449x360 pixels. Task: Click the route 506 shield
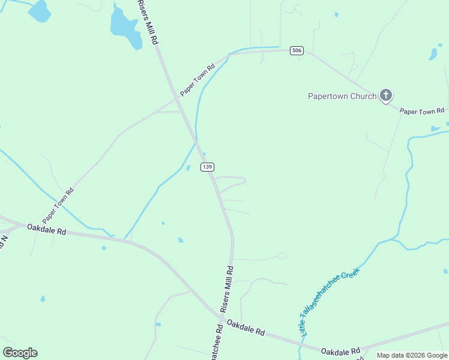[296, 50]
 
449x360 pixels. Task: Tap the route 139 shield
[207, 167]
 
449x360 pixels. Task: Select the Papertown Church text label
[342, 96]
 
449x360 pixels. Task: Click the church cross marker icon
[386, 95]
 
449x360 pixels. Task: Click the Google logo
[20, 353]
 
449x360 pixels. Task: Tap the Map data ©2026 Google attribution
[412, 355]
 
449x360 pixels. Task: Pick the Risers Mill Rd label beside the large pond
[148, 22]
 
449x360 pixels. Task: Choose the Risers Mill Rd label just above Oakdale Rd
[227, 290]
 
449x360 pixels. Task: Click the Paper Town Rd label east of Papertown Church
[422, 111]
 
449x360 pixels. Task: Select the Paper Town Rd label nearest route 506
[197, 80]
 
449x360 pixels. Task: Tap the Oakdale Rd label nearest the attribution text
[340, 350]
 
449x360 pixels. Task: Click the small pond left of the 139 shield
[188, 168]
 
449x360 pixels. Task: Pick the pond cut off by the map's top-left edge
[40, 10]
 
